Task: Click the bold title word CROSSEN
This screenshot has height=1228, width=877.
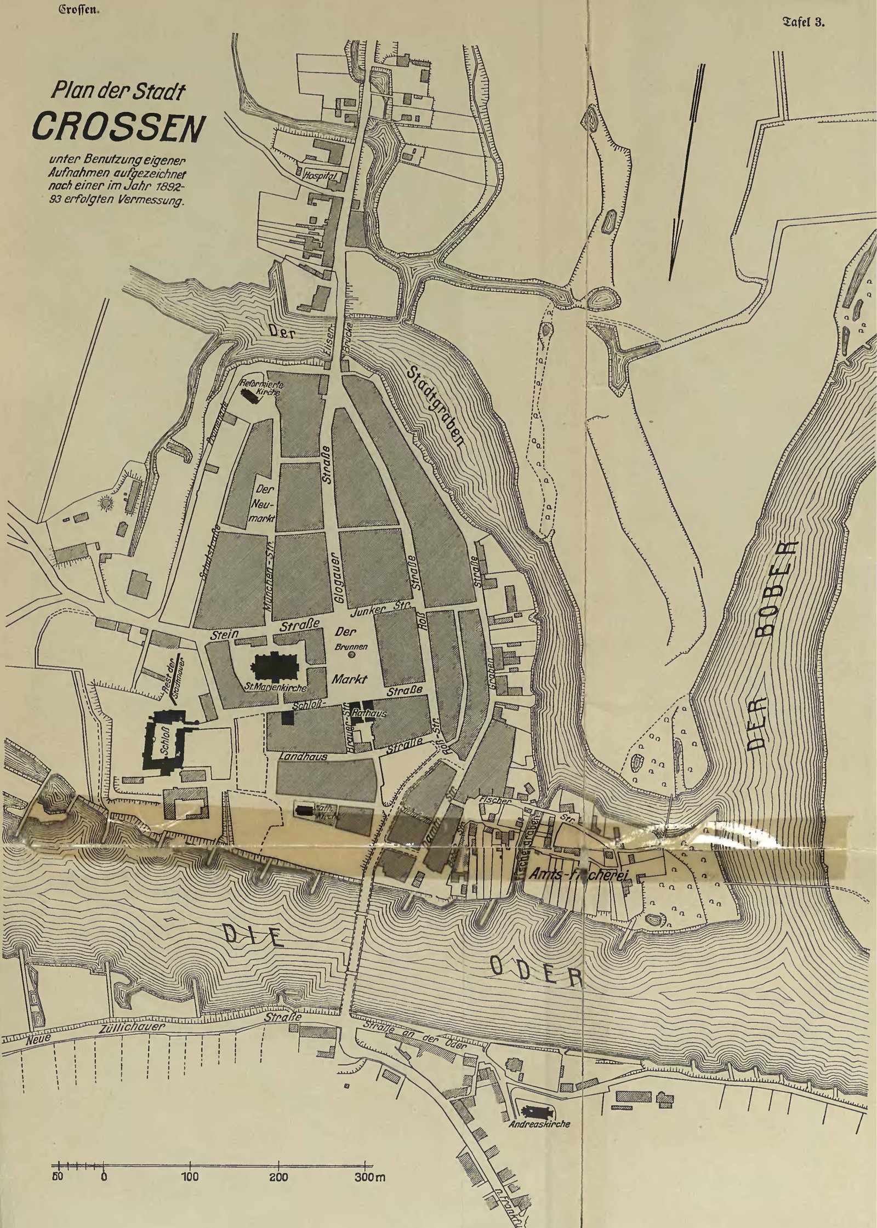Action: point(115,128)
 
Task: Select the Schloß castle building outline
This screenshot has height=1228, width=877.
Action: point(164,739)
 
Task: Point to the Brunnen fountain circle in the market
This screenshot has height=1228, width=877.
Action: point(351,654)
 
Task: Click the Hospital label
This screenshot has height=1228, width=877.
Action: point(323,177)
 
